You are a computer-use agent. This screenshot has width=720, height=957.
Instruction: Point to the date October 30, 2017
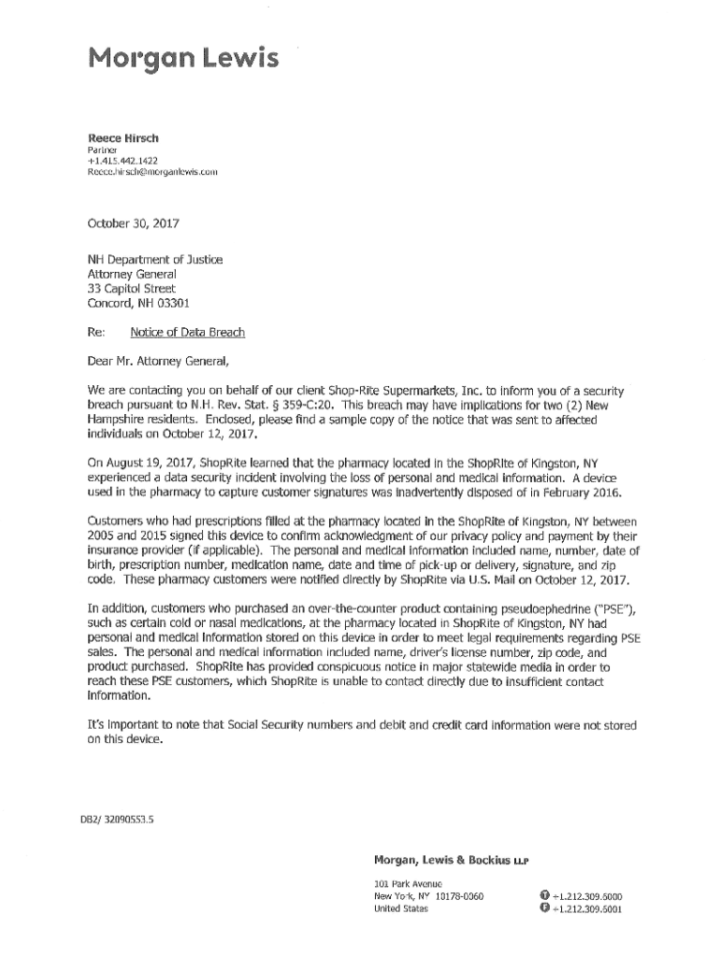tap(133, 224)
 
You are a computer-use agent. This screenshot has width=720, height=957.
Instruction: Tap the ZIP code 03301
tap(170, 304)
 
